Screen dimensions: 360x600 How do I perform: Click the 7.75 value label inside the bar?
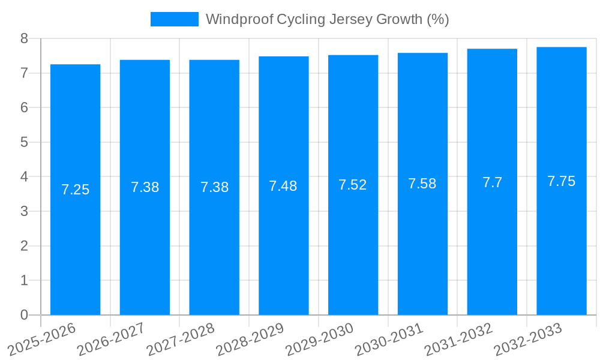click(x=561, y=181)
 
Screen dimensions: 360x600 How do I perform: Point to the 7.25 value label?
click(x=75, y=190)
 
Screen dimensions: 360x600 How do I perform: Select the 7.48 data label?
click(x=283, y=186)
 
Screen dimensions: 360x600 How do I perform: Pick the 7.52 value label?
click(x=353, y=185)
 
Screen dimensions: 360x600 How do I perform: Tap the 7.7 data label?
click(x=492, y=182)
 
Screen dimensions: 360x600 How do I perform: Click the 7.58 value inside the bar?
click(x=422, y=184)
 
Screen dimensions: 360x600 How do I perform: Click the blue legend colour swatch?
click(x=174, y=19)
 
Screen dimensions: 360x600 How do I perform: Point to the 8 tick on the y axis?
click(x=24, y=38)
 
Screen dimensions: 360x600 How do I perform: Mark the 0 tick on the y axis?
click(x=24, y=315)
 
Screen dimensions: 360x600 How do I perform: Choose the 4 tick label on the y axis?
click(x=24, y=177)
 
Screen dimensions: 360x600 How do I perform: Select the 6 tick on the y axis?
click(x=24, y=107)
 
